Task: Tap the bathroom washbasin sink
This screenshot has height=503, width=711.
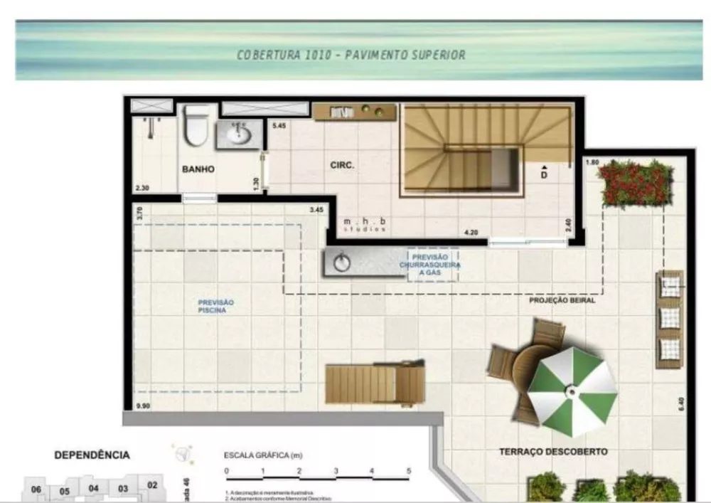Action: tap(237, 133)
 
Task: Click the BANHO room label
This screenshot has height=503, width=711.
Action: tap(198, 169)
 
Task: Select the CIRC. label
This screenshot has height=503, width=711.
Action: tap(342, 165)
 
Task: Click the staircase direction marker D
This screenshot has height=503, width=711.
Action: tap(543, 173)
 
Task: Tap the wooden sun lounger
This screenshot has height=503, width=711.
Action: tap(374, 383)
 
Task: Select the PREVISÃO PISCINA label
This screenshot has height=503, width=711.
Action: tap(215, 307)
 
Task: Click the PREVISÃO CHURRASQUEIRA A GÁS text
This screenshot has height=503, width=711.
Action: tap(434, 264)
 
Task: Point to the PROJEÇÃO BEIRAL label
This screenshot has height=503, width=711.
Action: tap(562, 300)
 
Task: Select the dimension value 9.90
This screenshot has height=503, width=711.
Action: tap(144, 407)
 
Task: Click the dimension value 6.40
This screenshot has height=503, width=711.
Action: tap(680, 404)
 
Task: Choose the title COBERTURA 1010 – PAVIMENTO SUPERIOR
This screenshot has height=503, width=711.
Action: tap(352, 55)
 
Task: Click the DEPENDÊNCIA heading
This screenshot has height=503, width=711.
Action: tap(92, 454)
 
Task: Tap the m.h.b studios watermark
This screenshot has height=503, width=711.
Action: tap(363, 224)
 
